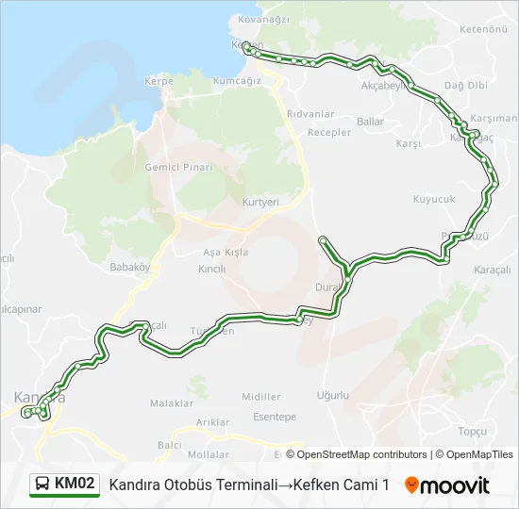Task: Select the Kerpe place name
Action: (x=159, y=82)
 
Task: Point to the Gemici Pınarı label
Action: (x=176, y=167)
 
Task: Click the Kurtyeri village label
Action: (x=261, y=203)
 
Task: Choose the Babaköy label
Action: (x=130, y=267)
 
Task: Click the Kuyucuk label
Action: (x=434, y=199)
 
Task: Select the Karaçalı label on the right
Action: (x=493, y=269)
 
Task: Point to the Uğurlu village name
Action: (x=333, y=395)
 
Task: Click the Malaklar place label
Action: (x=172, y=403)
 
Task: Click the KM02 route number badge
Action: (x=75, y=484)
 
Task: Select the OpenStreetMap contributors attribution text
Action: (x=357, y=454)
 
